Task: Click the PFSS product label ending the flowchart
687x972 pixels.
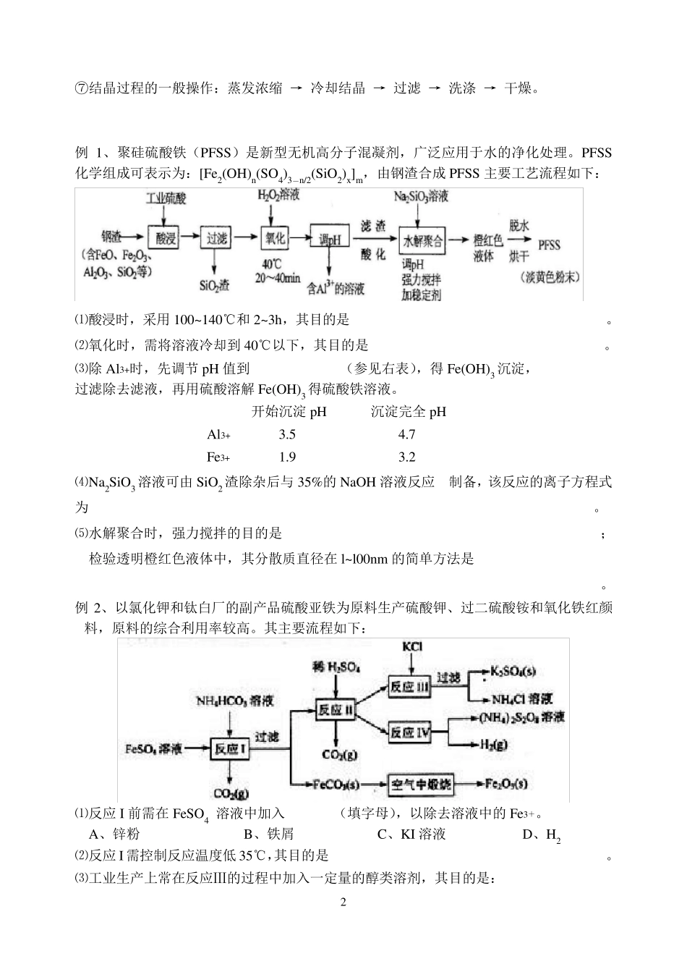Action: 550,245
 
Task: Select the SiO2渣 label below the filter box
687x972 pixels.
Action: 215,285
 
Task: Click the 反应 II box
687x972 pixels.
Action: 336,710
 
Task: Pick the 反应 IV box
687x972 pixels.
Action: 410,733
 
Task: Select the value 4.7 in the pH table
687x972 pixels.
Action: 406,434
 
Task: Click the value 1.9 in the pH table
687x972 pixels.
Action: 287,457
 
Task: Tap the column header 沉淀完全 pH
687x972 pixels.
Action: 408,412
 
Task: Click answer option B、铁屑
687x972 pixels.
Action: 268,834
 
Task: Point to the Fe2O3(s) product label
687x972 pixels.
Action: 507,784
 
